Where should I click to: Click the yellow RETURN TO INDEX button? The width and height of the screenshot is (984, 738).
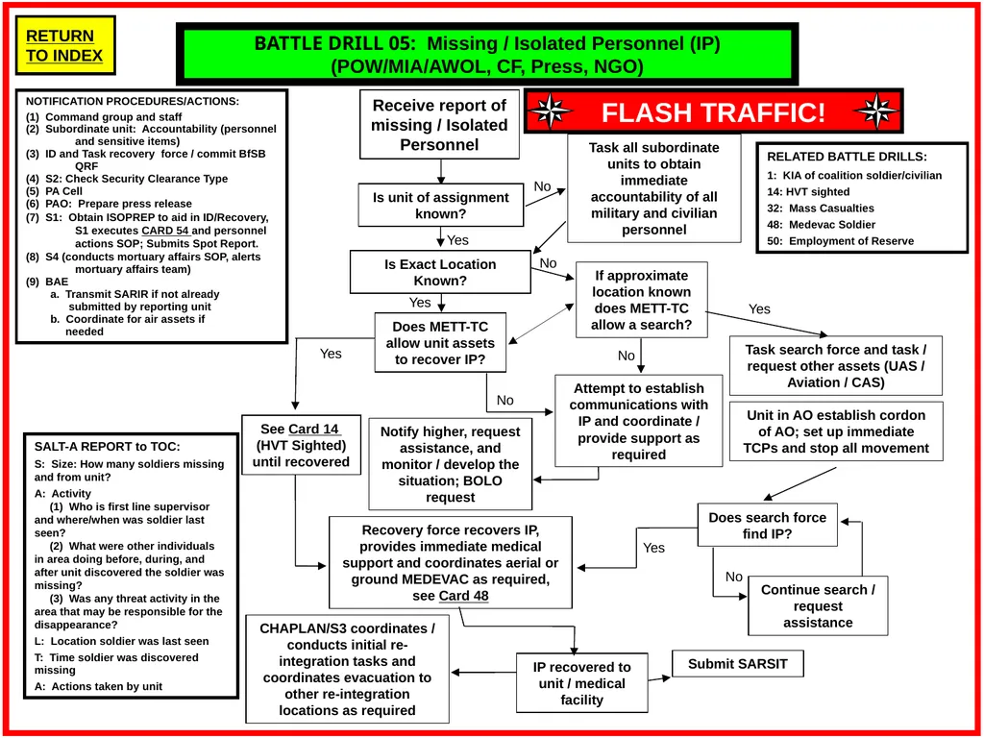coord(64,45)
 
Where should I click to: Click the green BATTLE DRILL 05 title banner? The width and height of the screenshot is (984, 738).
coord(487,55)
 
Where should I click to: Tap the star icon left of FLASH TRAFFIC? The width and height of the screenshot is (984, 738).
coord(551,111)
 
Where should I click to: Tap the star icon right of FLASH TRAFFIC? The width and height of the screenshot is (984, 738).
coord(876,111)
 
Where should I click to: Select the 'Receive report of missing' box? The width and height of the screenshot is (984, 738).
coord(439,124)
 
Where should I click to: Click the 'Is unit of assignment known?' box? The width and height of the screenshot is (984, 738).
coord(440,206)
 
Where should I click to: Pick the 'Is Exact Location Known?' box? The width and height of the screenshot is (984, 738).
coord(440,272)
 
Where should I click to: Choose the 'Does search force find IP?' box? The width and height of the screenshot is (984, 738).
coord(767,526)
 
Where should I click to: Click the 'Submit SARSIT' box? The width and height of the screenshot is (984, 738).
coord(737,664)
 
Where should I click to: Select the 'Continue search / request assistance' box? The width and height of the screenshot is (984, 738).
coord(818,605)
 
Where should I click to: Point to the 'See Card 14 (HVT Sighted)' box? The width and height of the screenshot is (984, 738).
coord(301,445)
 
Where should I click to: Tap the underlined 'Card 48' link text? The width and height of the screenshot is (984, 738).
coord(464,596)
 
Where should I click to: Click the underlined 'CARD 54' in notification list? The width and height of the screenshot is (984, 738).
coord(165,231)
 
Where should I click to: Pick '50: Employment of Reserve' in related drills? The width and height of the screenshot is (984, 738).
coord(840,241)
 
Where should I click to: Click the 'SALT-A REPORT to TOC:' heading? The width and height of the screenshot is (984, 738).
coord(107,447)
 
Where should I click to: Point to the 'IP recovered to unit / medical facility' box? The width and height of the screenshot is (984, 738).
coord(581,683)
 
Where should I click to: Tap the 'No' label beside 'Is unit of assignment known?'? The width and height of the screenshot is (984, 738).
coord(542,186)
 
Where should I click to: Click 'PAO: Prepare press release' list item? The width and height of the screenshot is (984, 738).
coord(110,204)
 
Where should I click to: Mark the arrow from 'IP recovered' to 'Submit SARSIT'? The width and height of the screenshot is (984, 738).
coord(659,678)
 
